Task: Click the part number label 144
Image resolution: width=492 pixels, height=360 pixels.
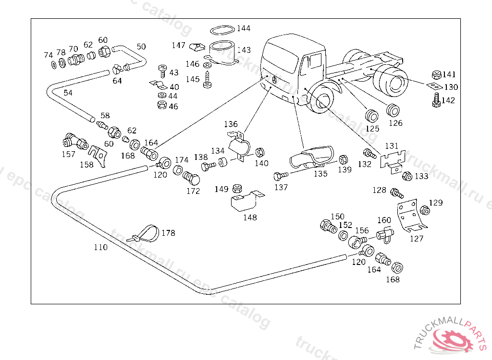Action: tap(244, 28)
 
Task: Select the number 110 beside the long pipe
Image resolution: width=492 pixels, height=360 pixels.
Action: tap(100, 247)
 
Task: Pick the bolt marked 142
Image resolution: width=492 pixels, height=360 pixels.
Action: tap(436, 100)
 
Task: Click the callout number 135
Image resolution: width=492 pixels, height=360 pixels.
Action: tap(320, 174)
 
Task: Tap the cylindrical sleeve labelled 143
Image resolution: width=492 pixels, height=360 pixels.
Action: tap(222, 52)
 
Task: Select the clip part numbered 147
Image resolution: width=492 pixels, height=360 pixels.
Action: tap(196, 46)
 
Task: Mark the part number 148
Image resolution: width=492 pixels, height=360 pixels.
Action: tap(250, 217)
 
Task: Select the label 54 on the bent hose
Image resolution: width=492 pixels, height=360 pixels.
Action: tap(68, 93)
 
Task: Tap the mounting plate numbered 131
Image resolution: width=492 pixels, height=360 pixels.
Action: tap(393, 159)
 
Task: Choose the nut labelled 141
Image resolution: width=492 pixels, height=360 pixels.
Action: tap(436, 74)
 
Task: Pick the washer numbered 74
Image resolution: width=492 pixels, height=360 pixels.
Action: tap(53, 64)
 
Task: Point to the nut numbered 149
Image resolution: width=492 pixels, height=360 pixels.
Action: tap(236, 188)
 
